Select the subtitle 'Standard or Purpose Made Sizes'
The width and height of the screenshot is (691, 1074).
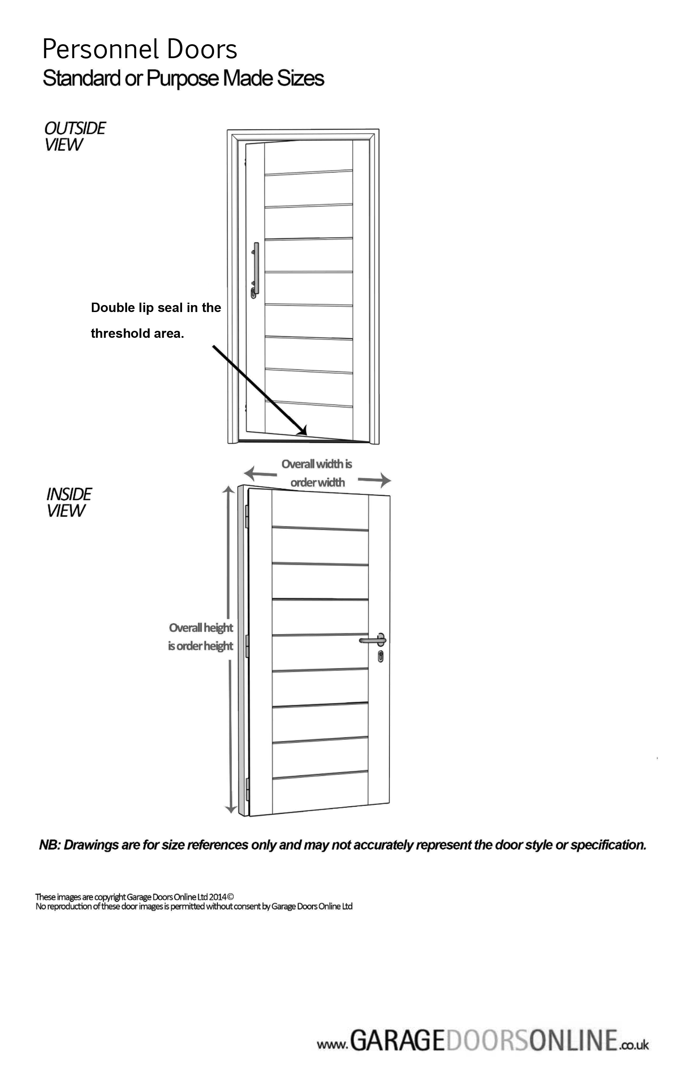[x=183, y=78]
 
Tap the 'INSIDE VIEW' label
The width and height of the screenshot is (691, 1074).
[x=69, y=502]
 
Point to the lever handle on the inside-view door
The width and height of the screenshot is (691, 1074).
[x=372, y=640]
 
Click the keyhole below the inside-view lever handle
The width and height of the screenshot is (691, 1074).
[x=380, y=656]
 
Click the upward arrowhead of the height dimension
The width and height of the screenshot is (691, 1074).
[x=228, y=490]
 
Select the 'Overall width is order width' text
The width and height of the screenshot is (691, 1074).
[x=317, y=473]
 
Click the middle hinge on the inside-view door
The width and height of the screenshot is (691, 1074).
[x=247, y=646]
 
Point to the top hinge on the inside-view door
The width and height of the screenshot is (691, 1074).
[x=247, y=516]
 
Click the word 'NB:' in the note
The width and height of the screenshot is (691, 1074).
[x=49, y=845]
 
